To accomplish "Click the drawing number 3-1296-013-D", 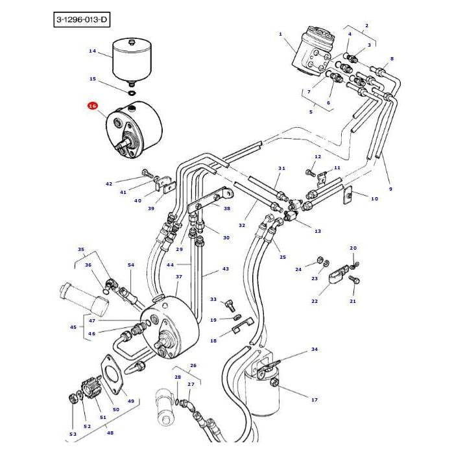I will pos(81,21).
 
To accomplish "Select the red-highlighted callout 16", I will pos(92,106).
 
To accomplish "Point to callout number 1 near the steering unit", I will pos(280,34).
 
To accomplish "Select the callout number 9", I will pos(390,189).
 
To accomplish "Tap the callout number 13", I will pos(318,231).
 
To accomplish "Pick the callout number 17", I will pos(314,400).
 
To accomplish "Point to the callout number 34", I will pos(314,350).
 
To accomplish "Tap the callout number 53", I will pos(73,434).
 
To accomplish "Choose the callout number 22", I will pos(315,301).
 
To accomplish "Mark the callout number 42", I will pos(109,184).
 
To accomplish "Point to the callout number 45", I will pos(73,327).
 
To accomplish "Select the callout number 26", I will pos(193,365).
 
